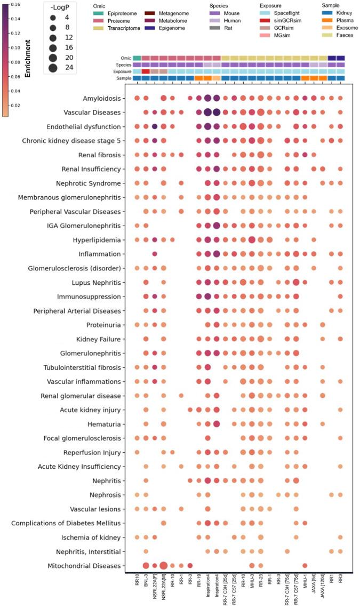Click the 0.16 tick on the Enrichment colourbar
[x=15, y=4]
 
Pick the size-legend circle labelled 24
[x=53, y=67]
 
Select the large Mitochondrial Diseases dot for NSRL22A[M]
[x=163, y=565]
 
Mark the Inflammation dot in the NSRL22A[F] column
[x=155, y=254]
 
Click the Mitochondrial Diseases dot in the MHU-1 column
[x=305, y=565]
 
